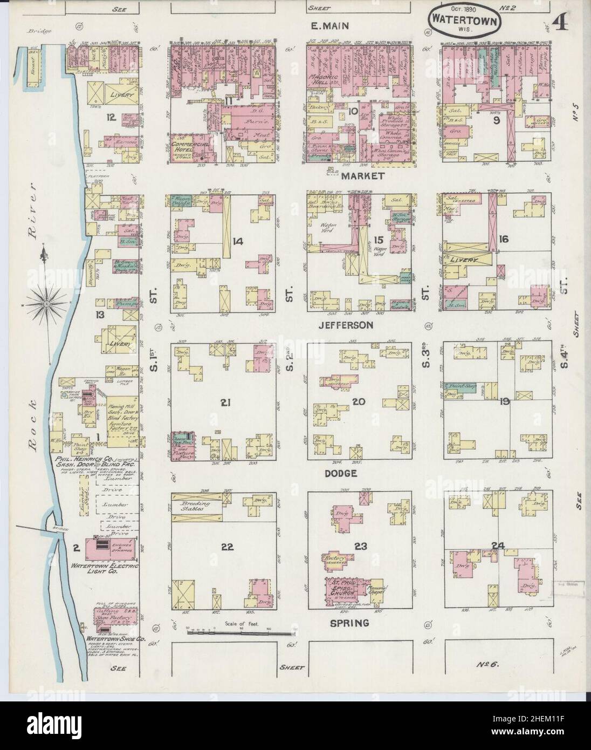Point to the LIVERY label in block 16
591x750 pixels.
point(465,260)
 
